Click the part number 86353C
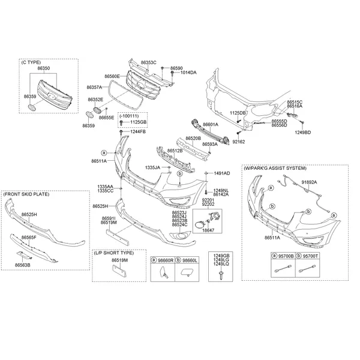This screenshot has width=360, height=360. coord(149,62)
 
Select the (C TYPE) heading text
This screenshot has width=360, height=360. coord(31,62)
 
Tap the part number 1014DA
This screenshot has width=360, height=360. coord(188,73)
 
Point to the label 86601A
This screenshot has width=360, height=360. coord(211,124)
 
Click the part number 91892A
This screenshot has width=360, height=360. coord(309,182)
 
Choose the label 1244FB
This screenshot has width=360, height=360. coord(138,132)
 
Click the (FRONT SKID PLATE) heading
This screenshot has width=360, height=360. coord(26,194)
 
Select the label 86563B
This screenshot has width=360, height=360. coord(23,265)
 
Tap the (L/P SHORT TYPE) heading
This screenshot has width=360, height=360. coord(113,253)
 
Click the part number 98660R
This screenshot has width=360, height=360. coord(166,260)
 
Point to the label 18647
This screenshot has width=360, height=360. coord(208,230)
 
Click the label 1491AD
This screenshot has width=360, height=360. coord(222,173)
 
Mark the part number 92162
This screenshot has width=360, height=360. coord(239,142)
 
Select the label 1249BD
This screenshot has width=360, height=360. coord(303,133)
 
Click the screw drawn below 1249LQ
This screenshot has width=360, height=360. coord(221,275)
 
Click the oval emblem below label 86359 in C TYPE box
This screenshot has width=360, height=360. coord(31,107)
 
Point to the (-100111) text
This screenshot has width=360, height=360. coord(129,116)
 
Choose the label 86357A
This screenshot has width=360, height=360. coord(94,87)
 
